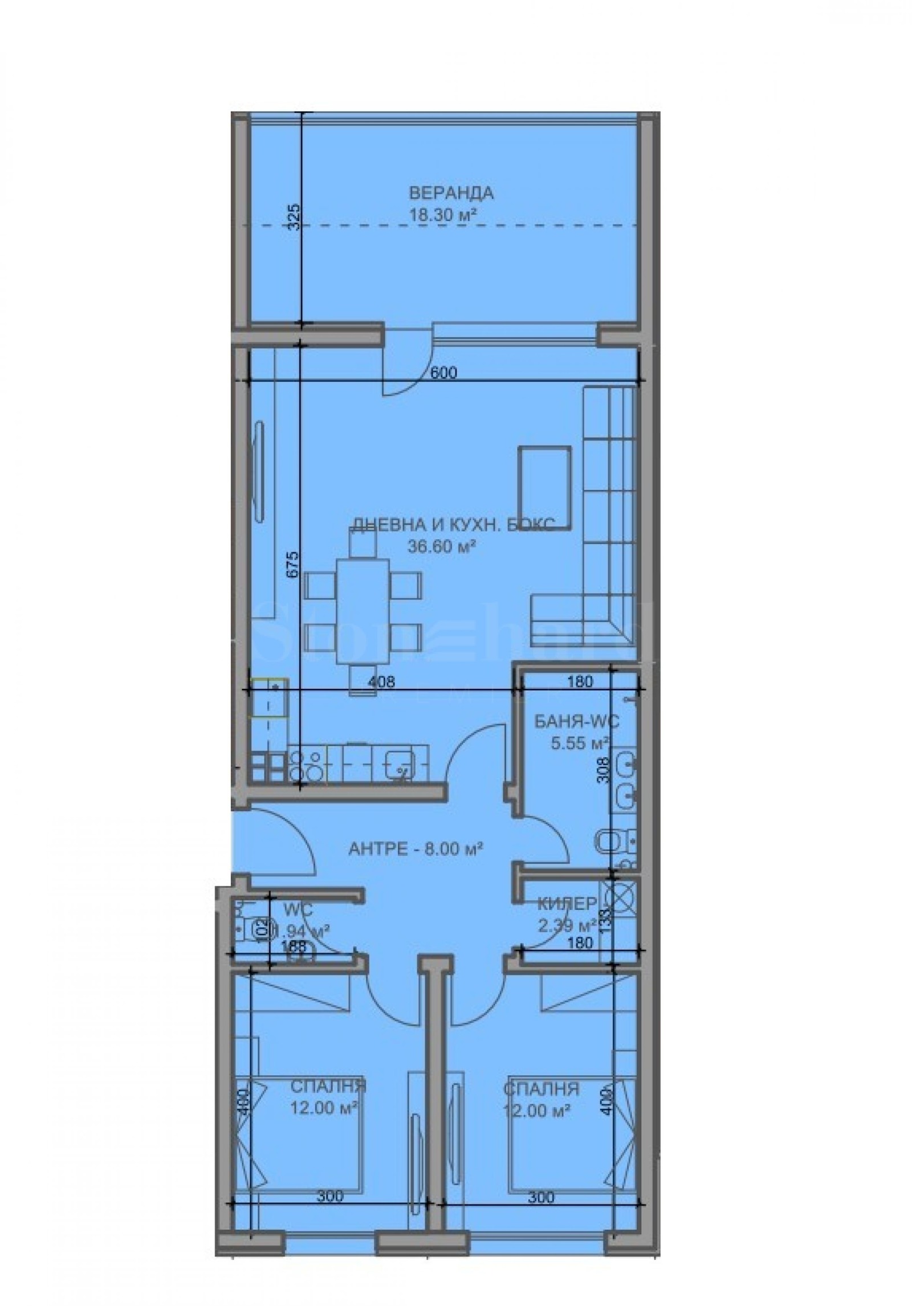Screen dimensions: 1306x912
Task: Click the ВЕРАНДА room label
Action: [451, 193]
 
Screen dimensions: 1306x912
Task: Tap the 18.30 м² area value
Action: [442, 215]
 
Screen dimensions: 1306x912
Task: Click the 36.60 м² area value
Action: [442, 546]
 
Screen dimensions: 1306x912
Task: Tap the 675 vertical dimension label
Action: [292, 565]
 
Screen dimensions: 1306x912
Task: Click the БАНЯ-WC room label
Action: [576, 722]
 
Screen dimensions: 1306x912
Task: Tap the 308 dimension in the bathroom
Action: [605, 768]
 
